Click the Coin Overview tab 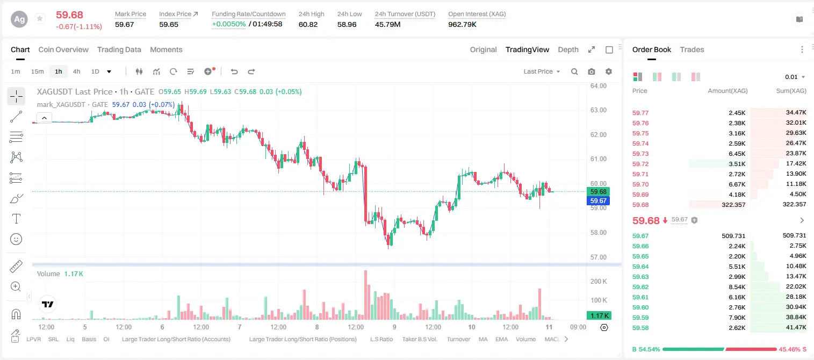(x=63, y=50)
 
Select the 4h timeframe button (x=76, y=71)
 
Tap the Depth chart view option (x=568, y=50)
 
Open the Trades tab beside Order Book (x=692, y=50)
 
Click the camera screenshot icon (x=592, y=71)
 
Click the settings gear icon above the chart (x=609, y=71)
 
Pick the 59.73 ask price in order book (x=640, y=154)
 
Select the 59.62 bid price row (x=640, y=287)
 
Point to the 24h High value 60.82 (x=308, y=24)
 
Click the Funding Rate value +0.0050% (x=229, y=24)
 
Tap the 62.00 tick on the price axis (x=598, y=135)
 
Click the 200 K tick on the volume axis (x=599, y=282)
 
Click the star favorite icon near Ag (x=40, y=18)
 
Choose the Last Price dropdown (x=542, y=71)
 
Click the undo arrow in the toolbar (x=234, y=71)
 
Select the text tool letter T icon (x=16, y=219)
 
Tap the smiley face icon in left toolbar (x=16, y=239)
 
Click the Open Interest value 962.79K (x=462, y=24)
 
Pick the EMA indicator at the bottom (x=501, y=339)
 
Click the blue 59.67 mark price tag (x=598, y=201)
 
